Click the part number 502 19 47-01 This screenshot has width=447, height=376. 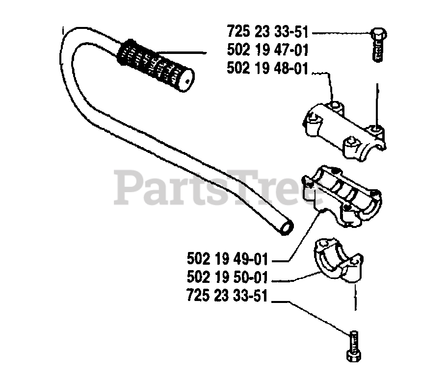(x=267, y=50)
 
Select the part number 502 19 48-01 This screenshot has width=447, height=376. (x=267, y=69)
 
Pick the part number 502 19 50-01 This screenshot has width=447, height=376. (x=227, y=278)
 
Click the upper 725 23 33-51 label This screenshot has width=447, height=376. (x=267, y=33)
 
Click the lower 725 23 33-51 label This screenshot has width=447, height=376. (x=227, y=297)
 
